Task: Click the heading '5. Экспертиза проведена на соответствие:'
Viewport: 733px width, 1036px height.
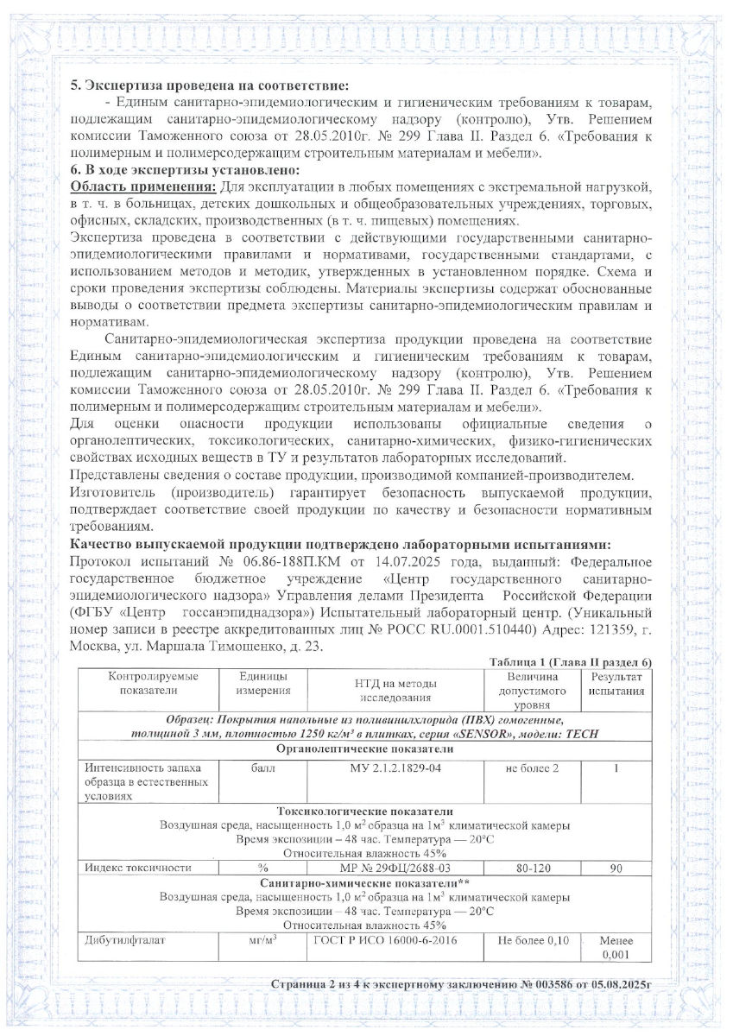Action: (211, 85)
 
